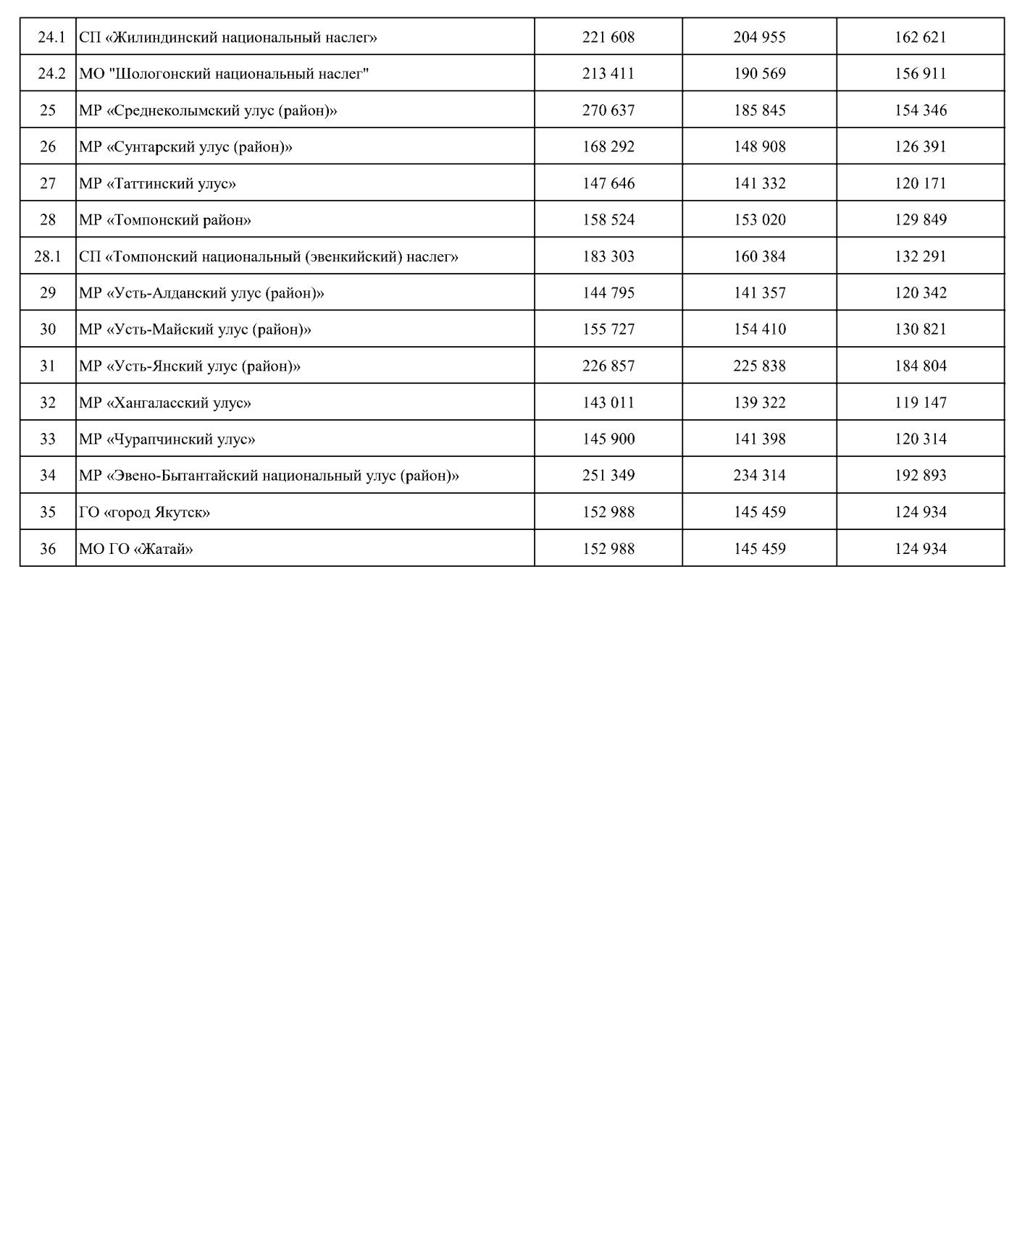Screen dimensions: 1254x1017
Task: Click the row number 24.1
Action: (x=48, y=37)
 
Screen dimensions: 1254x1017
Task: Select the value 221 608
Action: (x=608, y=37)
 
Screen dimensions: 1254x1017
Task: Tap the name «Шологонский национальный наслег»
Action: (x=224, y=74)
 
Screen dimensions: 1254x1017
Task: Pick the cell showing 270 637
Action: (x=608, y=110)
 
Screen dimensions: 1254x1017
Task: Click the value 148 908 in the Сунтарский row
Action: (x=758, y=147)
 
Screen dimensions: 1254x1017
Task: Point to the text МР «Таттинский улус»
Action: (x=157, y=183)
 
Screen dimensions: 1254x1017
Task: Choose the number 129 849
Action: (x=920, y=219)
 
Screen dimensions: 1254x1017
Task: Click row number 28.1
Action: (x=48, y=256)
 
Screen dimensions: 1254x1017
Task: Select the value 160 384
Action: (x=758, y=256)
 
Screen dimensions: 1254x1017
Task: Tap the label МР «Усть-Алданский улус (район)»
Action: (x=201, y=293)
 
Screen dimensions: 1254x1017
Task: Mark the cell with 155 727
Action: (x=608, y=329)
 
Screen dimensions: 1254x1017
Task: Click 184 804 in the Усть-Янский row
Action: (x=920, y=366)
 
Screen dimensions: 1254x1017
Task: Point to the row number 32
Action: (x=48, y=403)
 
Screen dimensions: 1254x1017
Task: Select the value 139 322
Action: (x=758, y=403)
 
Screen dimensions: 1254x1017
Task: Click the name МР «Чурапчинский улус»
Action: (x=167, y=439)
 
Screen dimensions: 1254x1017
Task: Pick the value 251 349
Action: (x=608, y=476)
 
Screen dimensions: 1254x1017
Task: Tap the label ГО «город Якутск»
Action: (x=144, y=512)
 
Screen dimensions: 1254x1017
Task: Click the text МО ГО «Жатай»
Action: (x=136, y=549)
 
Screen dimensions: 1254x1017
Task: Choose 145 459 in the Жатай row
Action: (x=758, y=549)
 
